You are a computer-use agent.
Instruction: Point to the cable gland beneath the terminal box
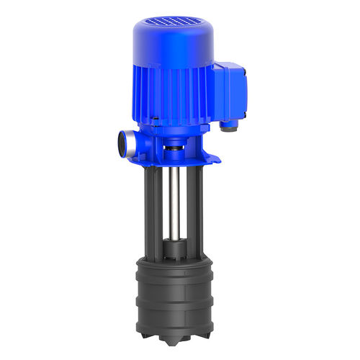click(x=228, y=125)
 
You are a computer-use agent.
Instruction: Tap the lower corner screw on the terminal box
click(x=243, y=114)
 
